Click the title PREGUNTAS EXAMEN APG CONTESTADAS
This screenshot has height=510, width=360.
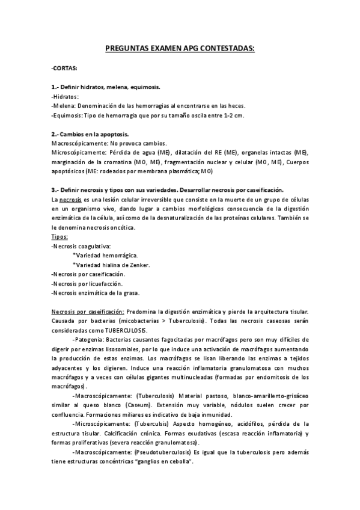click(180, 49)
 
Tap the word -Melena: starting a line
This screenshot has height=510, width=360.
click(64, 106)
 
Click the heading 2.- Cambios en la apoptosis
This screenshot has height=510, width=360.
click(90, 134)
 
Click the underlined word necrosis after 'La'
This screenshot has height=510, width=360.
click(71, 199)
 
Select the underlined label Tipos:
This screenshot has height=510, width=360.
click(59, 236)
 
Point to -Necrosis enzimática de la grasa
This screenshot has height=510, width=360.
click(95, 293)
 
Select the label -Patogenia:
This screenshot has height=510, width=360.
click(87, 340)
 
